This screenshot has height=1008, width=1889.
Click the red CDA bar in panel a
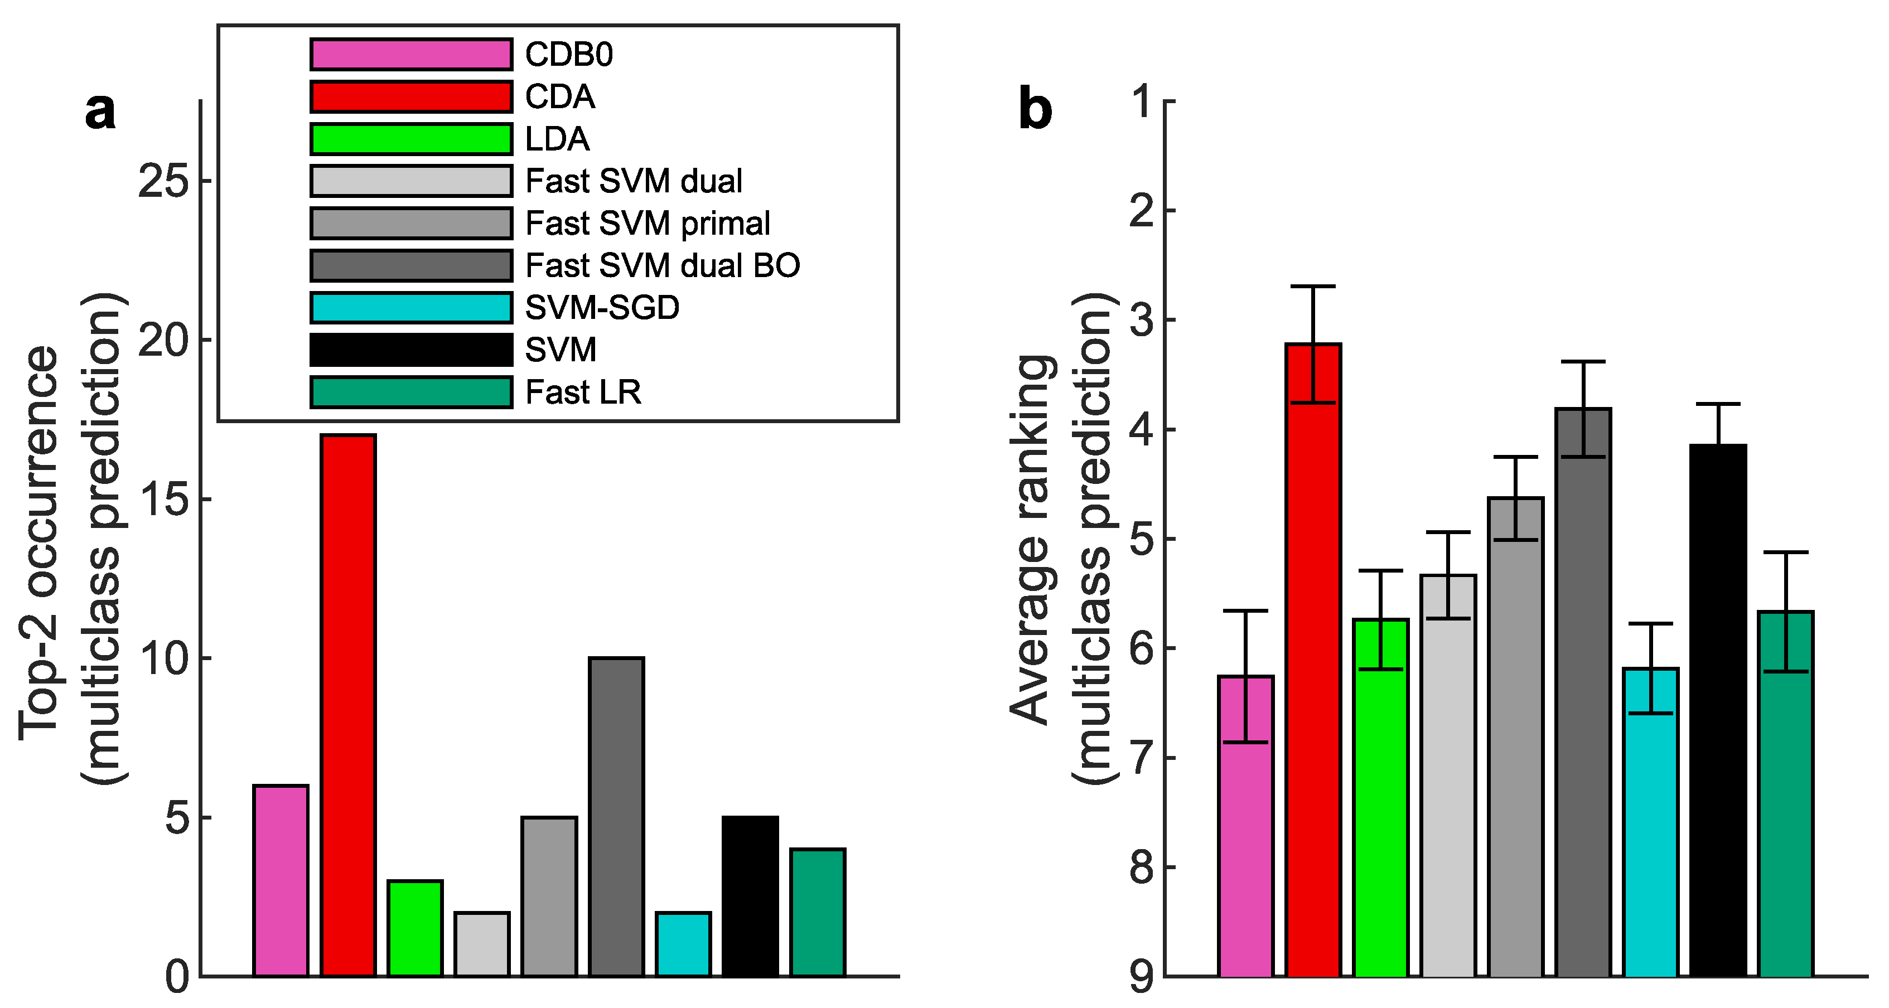coord(349,704)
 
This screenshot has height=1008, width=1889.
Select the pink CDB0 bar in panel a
coord(281,880)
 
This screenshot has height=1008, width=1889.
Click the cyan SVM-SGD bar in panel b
coord(1651,821)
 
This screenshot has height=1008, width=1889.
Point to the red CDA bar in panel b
coord(1313,660)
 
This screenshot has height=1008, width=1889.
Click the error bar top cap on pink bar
coord(1246,610)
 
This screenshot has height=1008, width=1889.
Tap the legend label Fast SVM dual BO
coord(662,265)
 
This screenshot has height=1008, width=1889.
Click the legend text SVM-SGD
coord(602,308)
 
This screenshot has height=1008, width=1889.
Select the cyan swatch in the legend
coord(410,308)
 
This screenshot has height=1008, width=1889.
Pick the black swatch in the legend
coord(410,350)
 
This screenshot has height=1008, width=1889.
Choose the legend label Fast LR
coord(583,392)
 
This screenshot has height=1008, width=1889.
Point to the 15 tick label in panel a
coord(163,499)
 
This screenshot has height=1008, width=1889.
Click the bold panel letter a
coord(100,112)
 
